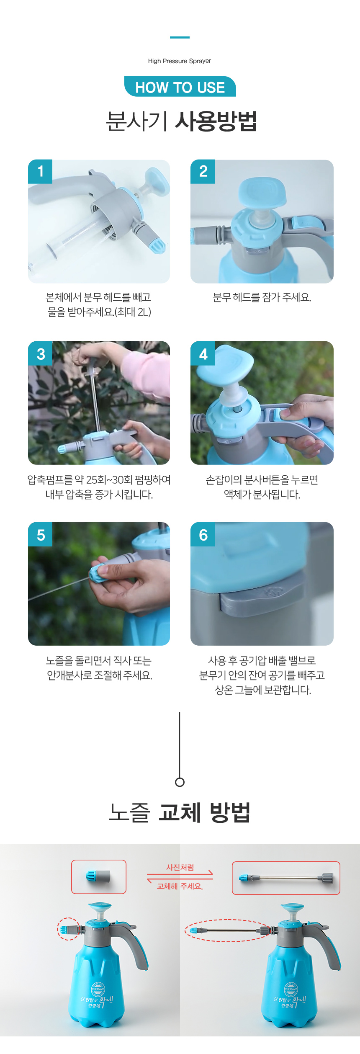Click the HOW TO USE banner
pyautogui.click(x=180, y=87)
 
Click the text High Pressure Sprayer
pyautogui.click(x=180, y=61)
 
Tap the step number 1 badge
pyautogui.click(x=40, y=171)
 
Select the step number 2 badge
pyautogui.click(x=203, y=171)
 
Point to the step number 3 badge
pyautogui.click(x=40, y=353)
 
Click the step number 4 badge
pyautogui.click(x=203, y=353)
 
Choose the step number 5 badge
pyautogui.click(x=40, y=534)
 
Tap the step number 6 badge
pyautogui.click(x=203, y=534)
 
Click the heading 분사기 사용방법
pyautogui.click(x=181, y=121)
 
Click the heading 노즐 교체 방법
pyautogui.click(x=180, y=812)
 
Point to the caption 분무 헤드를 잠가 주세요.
pyautogui.click(x=262, y=297)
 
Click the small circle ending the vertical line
pyautogui.click(x=180, y=782)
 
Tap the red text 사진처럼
pyautogui.click(x=180, y=867)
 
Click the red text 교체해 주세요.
pyautogui.click(x=180, y=886)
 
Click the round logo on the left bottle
pyautogui.click(x=98, y=989)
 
